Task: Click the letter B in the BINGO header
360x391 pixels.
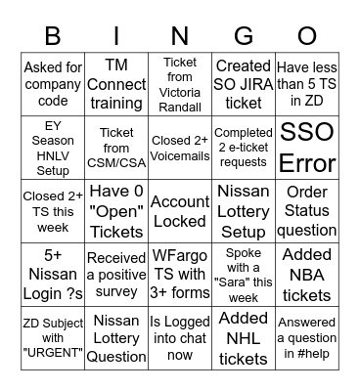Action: tap(53, 36)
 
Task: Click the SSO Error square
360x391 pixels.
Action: tap(307, 148)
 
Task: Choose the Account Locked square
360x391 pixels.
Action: tap(179, 212)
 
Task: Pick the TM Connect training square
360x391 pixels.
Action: tap(115, 85)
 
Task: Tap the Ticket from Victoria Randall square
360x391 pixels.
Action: tap(179, 85)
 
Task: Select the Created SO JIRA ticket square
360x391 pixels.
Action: tap(243, 85)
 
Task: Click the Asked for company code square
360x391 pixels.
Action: tap(53, 85)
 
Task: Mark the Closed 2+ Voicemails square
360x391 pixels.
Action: tap(179, 148)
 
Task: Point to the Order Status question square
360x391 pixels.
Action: tap(307, 212)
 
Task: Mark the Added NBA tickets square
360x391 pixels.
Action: tap(307, 275)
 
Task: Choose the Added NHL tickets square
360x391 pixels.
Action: tap(243, 337)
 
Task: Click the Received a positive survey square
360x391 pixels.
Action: tap(115, 275)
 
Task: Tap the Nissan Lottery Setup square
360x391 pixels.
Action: tap(243, 212)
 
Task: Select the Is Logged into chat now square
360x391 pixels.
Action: tap(179, 337)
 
